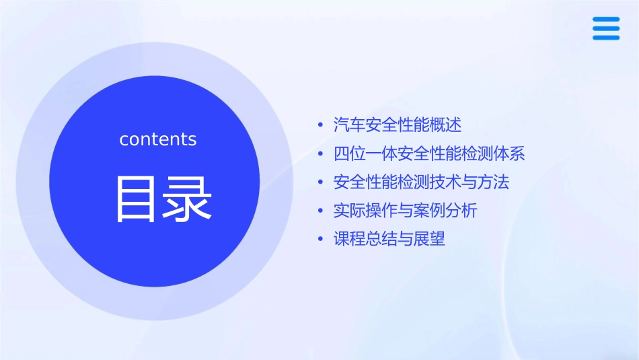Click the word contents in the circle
[158, 139]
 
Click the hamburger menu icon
[606, 28]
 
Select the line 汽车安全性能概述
[398, 124]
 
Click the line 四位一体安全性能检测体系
[429, 153]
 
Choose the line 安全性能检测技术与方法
[421, 182]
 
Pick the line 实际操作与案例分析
[405, 211]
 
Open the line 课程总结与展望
[389, 239]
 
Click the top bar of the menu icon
[606, 19]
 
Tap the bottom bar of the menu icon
[606, 38]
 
